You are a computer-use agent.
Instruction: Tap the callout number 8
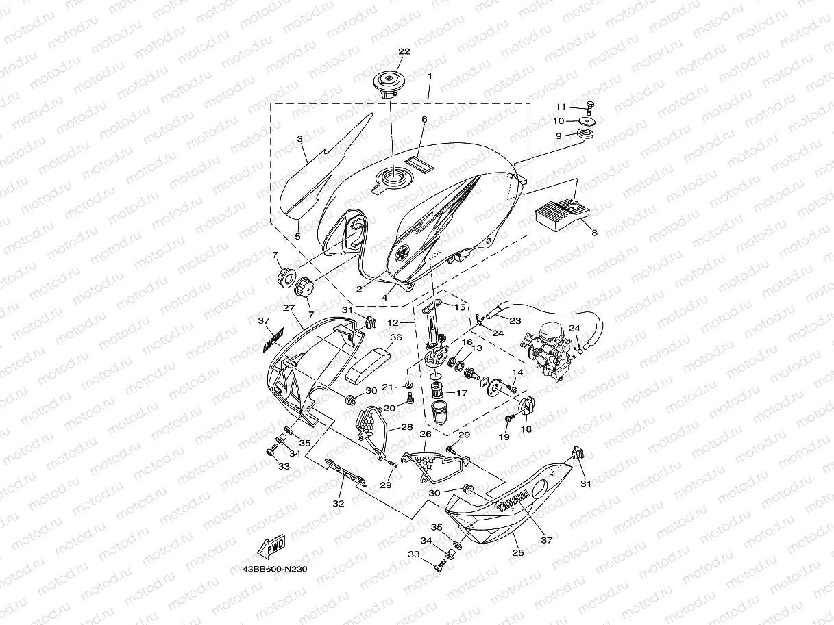(593, 233)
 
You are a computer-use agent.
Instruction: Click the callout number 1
(430, 75)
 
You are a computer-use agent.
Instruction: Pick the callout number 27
(288, 307)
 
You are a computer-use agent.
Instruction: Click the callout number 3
(300, 139)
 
